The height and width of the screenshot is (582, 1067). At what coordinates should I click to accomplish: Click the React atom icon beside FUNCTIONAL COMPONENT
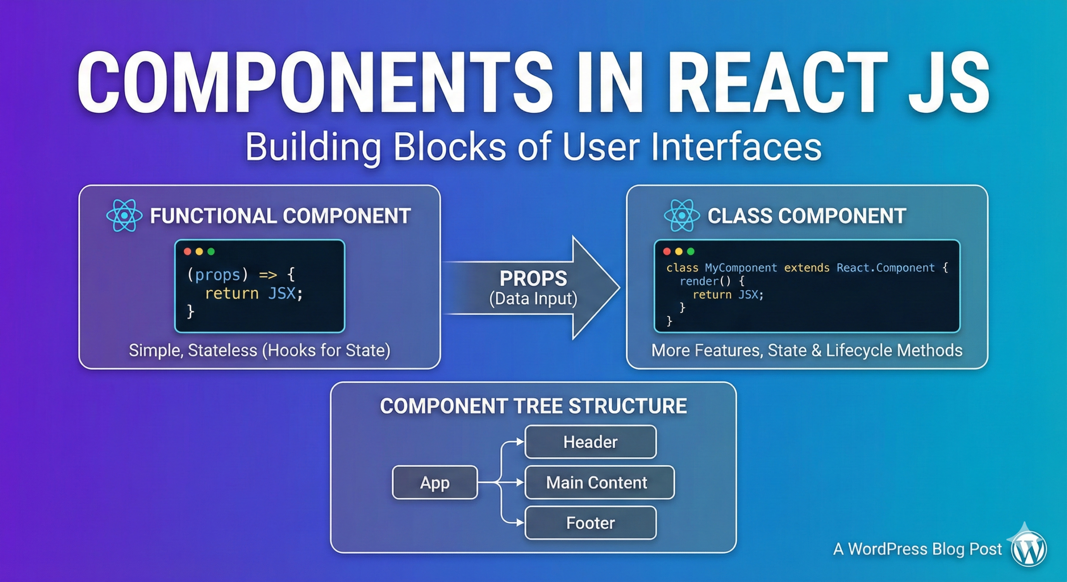point(124,216)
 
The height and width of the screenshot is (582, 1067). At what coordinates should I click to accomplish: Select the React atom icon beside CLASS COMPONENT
point(682,216)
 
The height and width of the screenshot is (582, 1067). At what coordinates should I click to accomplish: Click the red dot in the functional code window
point(188,251)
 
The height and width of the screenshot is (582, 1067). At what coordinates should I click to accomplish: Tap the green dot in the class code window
point(691,251)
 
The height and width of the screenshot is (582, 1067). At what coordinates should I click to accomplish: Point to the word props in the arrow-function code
point(218,275)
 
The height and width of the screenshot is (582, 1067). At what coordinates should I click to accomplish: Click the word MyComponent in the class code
point(741,268)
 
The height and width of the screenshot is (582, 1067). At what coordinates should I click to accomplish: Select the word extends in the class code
point(807,268)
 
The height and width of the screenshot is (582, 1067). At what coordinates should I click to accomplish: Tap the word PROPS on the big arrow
point(533,278)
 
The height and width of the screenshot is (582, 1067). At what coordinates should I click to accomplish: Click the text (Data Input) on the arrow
point(533,299)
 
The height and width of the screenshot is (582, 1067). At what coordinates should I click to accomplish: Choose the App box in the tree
point(435,482)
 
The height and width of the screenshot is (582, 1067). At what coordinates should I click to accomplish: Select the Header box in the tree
point(590,442)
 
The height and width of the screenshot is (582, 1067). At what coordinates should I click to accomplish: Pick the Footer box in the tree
point(590,523)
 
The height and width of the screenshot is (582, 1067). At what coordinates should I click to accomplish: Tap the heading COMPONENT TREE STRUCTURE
point(533,406)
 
